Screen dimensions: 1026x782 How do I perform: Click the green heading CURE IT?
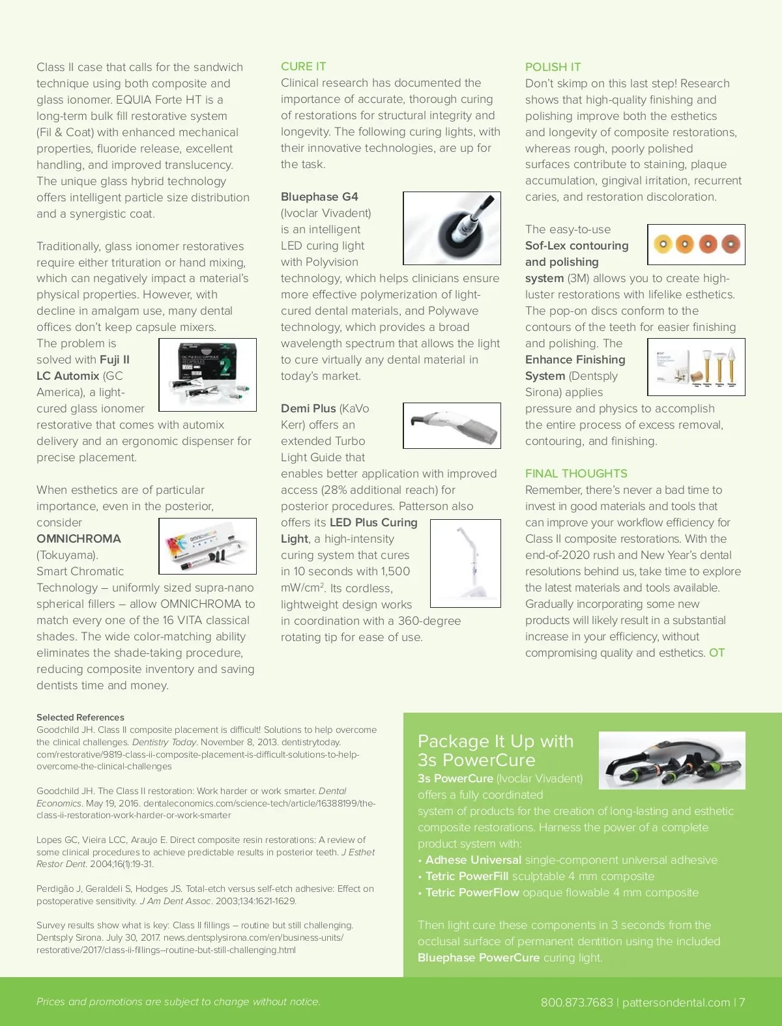tap(303, 66)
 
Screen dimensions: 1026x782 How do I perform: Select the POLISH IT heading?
tap(553, 67)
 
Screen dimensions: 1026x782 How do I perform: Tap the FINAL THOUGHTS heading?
tap(576, 474)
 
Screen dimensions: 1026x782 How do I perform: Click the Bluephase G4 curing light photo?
tap(452, 228)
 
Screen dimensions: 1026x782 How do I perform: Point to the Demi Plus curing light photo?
tap(452, 425)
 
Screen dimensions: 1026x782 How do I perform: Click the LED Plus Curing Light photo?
tap(465, 563)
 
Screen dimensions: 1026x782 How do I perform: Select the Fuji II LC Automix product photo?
tap(207, 375)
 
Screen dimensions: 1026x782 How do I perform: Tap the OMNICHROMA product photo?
tap(207, 546)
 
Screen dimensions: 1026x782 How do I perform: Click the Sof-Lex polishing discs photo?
tap(696, 244)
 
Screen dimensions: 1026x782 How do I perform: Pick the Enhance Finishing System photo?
tap(696, 367)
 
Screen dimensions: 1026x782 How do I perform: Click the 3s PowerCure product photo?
tap(672, 760)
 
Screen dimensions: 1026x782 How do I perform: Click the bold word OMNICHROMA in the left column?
tap(79, 539)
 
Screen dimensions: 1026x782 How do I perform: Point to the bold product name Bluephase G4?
tap(319, 197)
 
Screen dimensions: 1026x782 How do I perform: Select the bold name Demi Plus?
tap(308, 408)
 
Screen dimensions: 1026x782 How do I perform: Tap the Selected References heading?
tap(80, 717)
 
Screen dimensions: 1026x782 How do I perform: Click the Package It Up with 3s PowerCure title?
tap(495, 750)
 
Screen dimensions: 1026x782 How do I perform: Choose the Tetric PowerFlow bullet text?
tap(472, 892)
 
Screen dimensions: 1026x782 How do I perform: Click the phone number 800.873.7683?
tap(577, 1003)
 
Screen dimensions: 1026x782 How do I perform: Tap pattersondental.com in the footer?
tap(676, 1003)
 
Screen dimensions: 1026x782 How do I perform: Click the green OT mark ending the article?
tap(717, 653)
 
